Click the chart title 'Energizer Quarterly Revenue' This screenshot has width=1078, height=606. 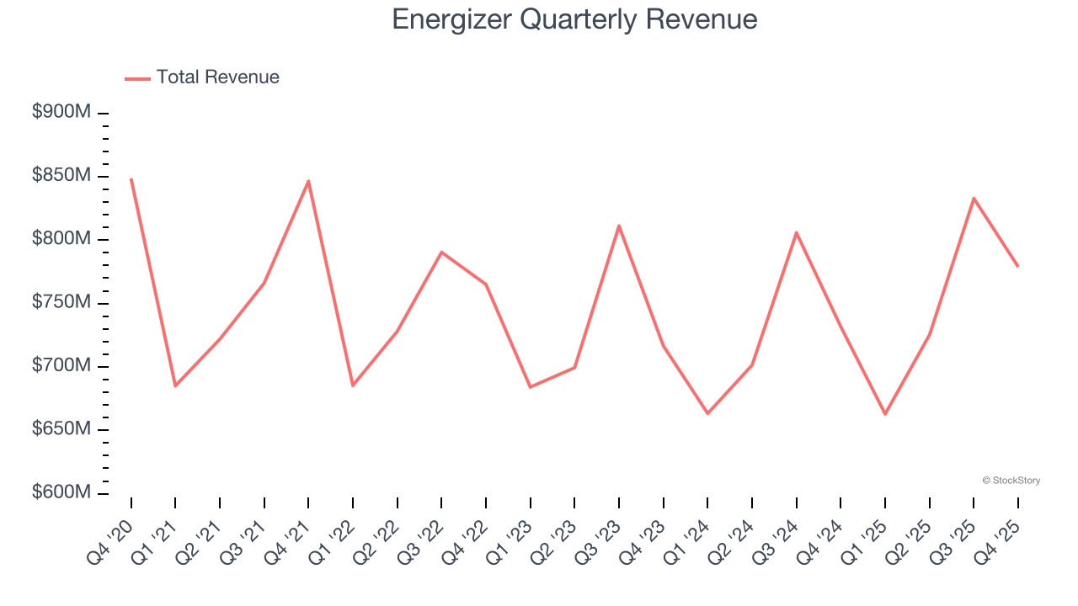click(x=574, y=19)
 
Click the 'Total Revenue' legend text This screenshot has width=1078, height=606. click(x=217, y=77)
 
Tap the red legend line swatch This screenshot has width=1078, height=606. click(x=137, y=78)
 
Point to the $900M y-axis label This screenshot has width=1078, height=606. click(x=61, y=113)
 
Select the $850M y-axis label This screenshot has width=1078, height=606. click(x=61, y=176)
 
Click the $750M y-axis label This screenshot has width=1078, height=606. click(x=61, y=303)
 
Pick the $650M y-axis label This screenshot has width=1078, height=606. click(x=61, y=429)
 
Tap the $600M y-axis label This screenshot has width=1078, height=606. click(x=61, y=492)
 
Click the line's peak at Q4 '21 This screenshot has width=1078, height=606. click(x=308, y=181)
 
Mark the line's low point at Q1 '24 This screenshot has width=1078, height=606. click(x=707, y=413)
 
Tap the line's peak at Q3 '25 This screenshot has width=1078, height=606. click(x=974, y=199)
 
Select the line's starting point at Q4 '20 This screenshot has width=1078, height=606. click(x=131, y=179)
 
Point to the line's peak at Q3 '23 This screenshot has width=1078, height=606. click(x=619, y=226)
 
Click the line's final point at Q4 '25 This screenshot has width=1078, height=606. click(x=1017, y=266)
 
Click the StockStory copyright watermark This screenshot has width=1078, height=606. click(x=1011, y=481)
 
